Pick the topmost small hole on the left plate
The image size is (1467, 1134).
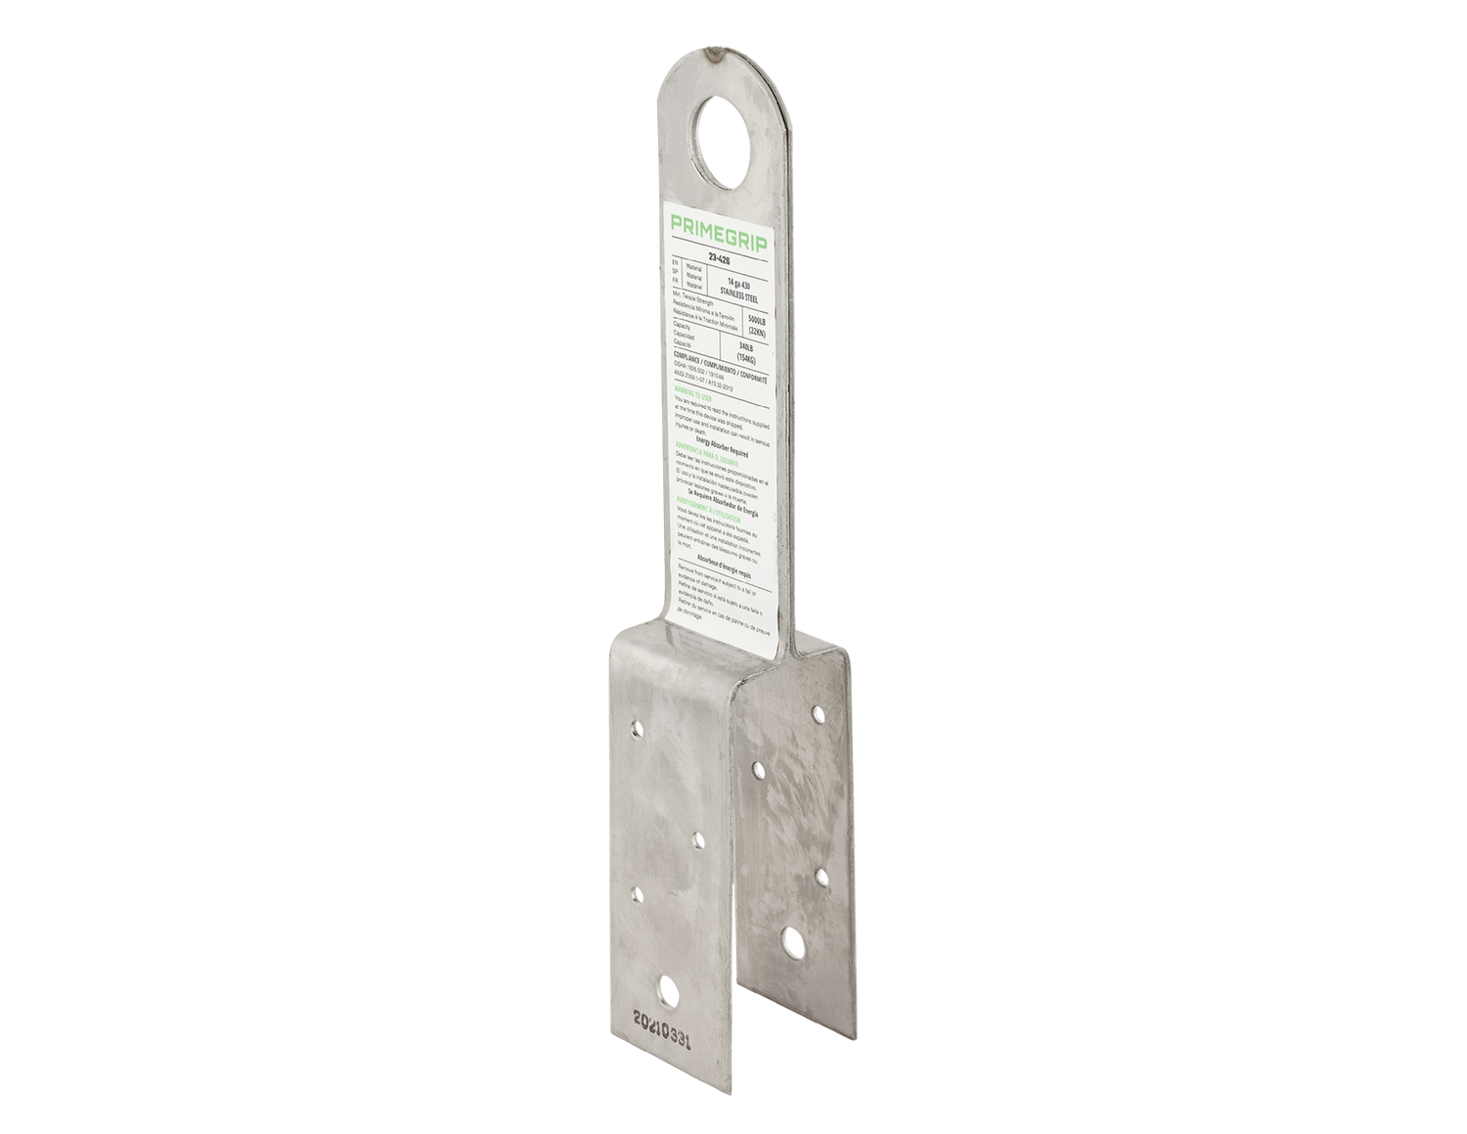(638, 728)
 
